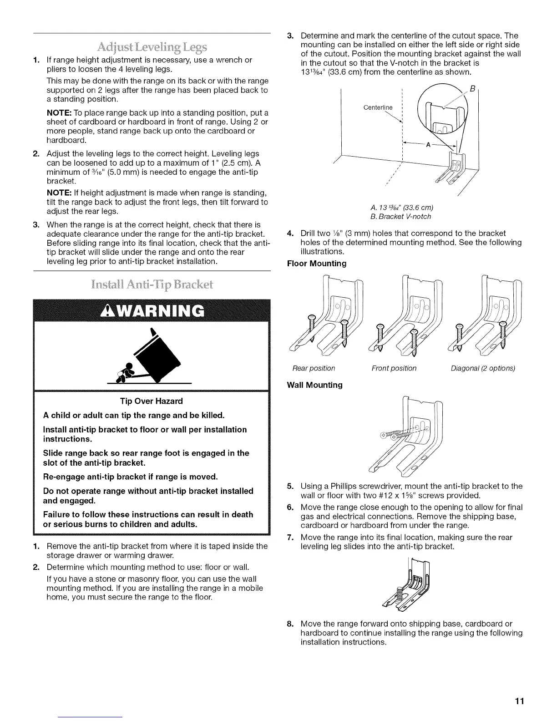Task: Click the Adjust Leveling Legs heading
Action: [x=152, y=47]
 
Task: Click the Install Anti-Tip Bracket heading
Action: [x=152, y=285]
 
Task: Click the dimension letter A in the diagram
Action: [x=428, y=145]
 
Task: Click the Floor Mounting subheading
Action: [x=317, y=264]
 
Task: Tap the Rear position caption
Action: [x=314, y=368]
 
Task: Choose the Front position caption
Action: [x=394, y=368]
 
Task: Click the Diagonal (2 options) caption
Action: [x=483, y=368]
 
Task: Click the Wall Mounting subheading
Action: [x=315, y=385]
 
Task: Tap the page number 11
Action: [x=520, y=701]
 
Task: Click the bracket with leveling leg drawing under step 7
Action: [x=408, y=585]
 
